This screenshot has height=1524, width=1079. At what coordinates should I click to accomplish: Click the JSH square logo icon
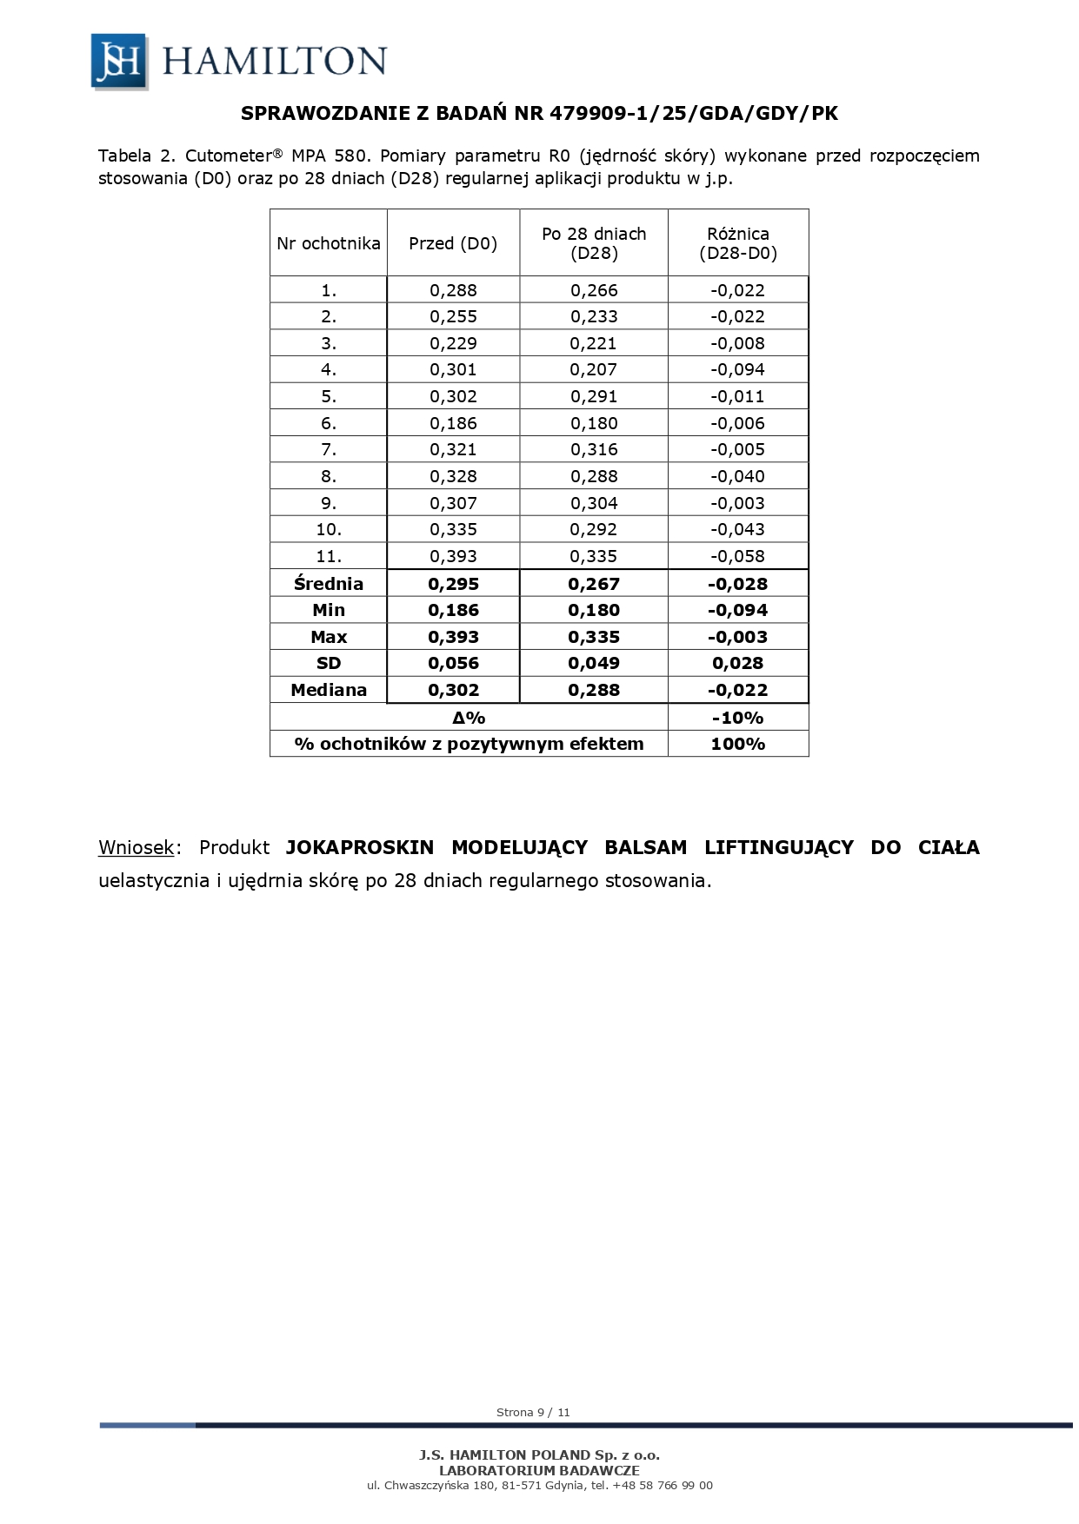(x=119, y=61)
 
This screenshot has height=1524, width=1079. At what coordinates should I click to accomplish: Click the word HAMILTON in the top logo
(x=274, y=62)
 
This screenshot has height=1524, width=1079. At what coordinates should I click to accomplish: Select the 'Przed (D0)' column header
(x=453, y=243)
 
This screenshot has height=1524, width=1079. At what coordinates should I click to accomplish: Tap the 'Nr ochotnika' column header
(x=329, y=243)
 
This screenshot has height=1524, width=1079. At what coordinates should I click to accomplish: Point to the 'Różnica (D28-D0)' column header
(x=738, y=243)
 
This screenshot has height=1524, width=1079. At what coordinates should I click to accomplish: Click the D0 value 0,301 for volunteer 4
(x=453, y=369)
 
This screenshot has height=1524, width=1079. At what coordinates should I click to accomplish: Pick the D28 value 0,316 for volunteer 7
(x=594, y=449)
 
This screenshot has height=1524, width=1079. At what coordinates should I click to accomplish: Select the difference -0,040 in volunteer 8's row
(x=738, y=476)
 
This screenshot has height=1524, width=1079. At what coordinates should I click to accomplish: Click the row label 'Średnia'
(x=329, y=584)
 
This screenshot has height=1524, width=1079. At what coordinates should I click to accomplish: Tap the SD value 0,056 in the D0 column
(x=453, y=663)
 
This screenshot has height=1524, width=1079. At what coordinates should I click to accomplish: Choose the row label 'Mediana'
(x=329, y=690)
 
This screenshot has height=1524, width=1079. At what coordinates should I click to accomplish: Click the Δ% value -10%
(x=738, y=718)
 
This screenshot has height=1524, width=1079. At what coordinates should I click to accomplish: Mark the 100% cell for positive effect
(x=738, y=744)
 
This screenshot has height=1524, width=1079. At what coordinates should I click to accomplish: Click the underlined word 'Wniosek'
(x=137, y=847)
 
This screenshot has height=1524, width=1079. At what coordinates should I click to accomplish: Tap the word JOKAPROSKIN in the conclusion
(x=360, y=847)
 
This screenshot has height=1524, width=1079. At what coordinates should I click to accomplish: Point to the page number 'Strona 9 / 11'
(x=533, y=1412)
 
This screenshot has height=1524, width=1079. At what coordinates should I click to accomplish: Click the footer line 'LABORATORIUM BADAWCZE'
(x=539, y=1470)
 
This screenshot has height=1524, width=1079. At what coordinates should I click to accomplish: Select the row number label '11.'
(x=329, y=556)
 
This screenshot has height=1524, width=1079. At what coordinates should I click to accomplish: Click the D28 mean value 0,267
(x=594, y=584)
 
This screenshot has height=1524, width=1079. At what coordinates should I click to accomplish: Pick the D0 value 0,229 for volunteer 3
(x=453, y=343)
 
